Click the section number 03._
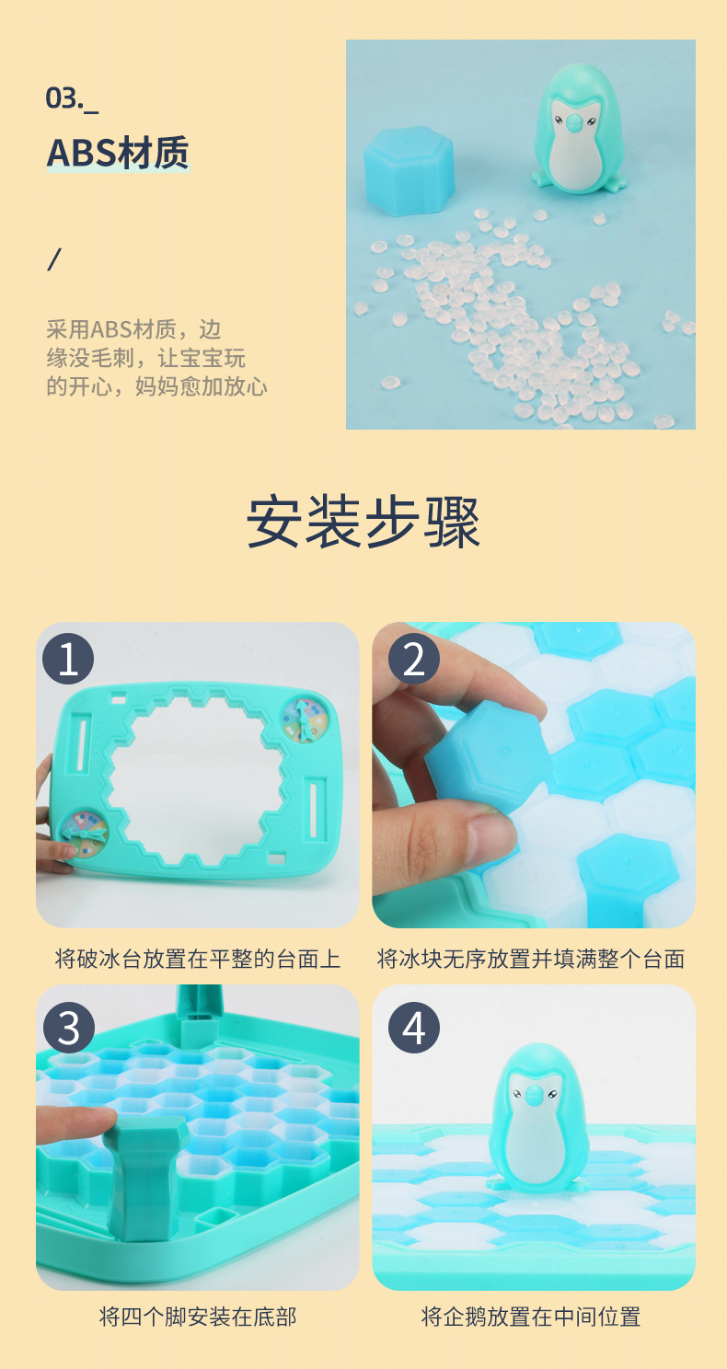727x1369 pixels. coord(72,98)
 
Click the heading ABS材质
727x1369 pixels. coord(117,153)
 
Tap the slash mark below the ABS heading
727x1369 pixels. coord(53,259)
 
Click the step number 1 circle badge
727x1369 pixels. coord(68,660)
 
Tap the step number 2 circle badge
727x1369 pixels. coord(413,660)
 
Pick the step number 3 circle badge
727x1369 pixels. coord(68,1028)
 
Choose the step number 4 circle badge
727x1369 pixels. coord(413,1028)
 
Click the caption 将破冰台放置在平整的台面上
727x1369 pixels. coord(198,959)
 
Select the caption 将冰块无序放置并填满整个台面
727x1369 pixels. coord(531,959)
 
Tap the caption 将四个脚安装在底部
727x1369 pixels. coord(198,1317)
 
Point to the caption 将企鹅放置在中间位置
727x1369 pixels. coord(531,1317)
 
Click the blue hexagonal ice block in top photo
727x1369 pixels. coord(409,170)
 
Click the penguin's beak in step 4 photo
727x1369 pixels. coord(531,1094)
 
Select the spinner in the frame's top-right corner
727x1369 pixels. coord(305,718)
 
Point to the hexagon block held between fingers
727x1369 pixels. coord(483,760)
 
